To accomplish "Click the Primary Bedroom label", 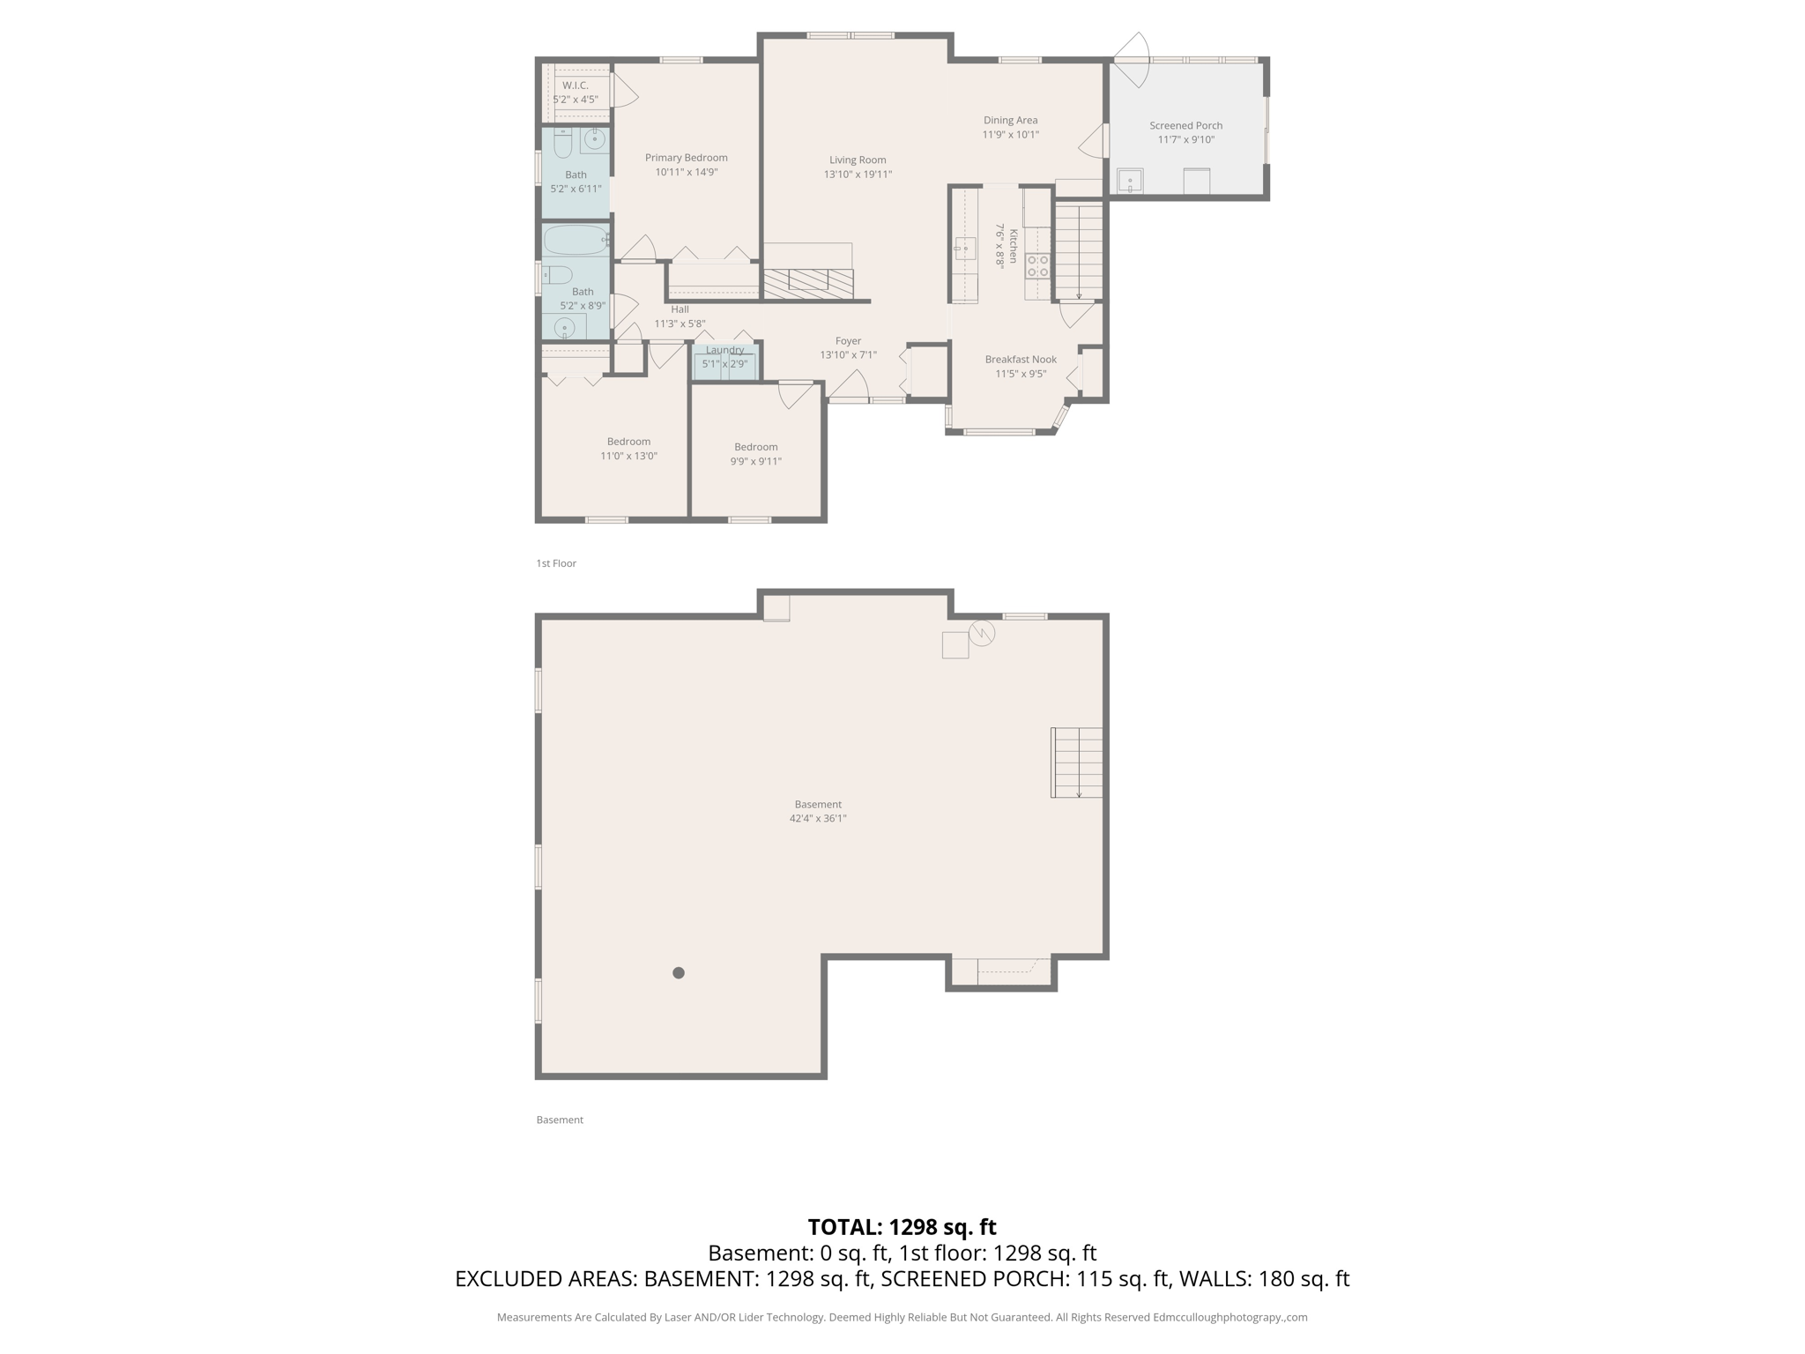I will (686, 158).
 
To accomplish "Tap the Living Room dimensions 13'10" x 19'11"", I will (858, 175).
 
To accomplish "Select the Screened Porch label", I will (1185, 125).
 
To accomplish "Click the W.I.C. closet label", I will (576, 86).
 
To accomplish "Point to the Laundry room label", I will (724, 350).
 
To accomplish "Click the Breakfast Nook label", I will (1021, 359).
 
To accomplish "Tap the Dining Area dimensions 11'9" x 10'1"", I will (1010, 135).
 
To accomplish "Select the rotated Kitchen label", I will (1014, 246).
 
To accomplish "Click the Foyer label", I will (848, 341).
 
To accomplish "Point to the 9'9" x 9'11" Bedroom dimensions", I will (755, 461).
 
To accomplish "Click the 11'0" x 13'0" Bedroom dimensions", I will (628, 456).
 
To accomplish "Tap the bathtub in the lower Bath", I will (576, 240).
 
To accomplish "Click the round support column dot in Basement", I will (679, 973).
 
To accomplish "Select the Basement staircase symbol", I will (1077, 763).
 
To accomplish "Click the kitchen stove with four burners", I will (1037, 266).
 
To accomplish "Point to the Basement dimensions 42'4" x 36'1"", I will (818, 818).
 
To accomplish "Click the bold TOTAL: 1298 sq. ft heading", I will (902, 1227).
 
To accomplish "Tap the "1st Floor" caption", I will (556, 563).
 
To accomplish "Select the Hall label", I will (680, 309).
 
